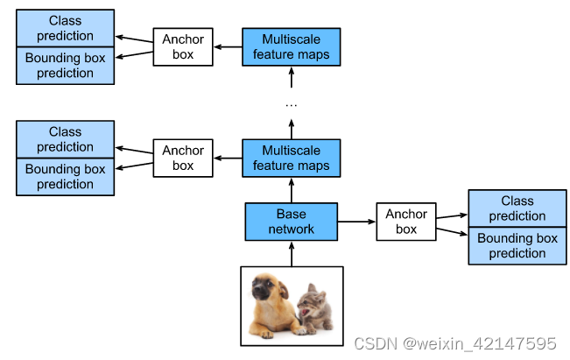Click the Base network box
click(291, 222)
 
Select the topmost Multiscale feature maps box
click(291, 47)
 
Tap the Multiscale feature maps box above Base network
click(291, 158)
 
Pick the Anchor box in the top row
click(183, 47)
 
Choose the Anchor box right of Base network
click(406, 222)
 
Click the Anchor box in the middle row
click(183, 158)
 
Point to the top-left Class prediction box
click(65, 28)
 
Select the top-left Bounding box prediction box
click(65, 66)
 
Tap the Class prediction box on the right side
click(517, 208)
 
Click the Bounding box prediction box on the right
click(517, 245)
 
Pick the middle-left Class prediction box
click(65, 139)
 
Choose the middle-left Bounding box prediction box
click(65, 176)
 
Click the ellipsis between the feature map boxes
click(291, 104)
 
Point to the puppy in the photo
click(271, 302)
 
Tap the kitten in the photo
click(313, 308)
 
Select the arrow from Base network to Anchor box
click(356, 222)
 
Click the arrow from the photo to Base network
click(291, 254)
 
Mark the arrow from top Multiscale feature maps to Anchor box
click(228, 47)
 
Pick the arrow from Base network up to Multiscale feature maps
click(291, 190)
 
